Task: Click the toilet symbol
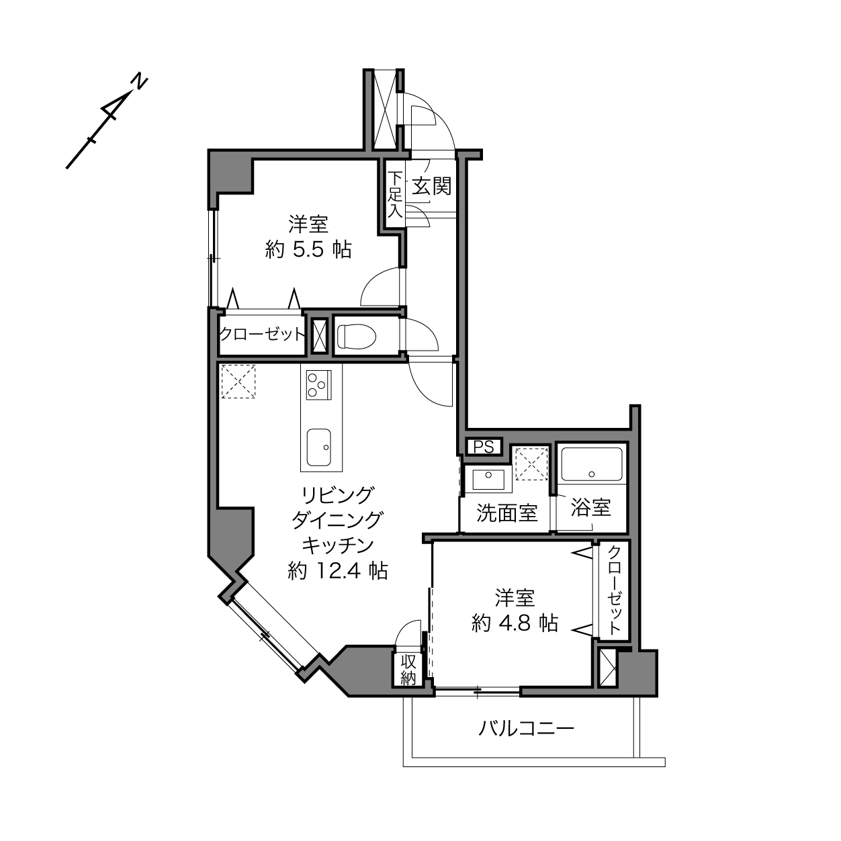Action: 357,336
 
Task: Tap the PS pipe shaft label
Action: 484,447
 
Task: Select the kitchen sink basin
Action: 318,447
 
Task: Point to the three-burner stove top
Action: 318,385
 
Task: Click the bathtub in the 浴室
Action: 591,464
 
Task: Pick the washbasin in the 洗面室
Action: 489,479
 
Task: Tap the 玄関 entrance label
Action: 432,187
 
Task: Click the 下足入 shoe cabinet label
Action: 395,195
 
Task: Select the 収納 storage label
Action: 408,670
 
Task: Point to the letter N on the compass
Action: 140,81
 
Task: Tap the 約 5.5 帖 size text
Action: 308,250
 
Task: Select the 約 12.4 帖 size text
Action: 338,570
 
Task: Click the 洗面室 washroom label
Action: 506,513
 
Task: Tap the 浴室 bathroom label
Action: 590,508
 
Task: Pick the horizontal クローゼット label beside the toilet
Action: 261,335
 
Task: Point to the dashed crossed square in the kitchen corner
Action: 238,381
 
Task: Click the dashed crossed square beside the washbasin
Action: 531,463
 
